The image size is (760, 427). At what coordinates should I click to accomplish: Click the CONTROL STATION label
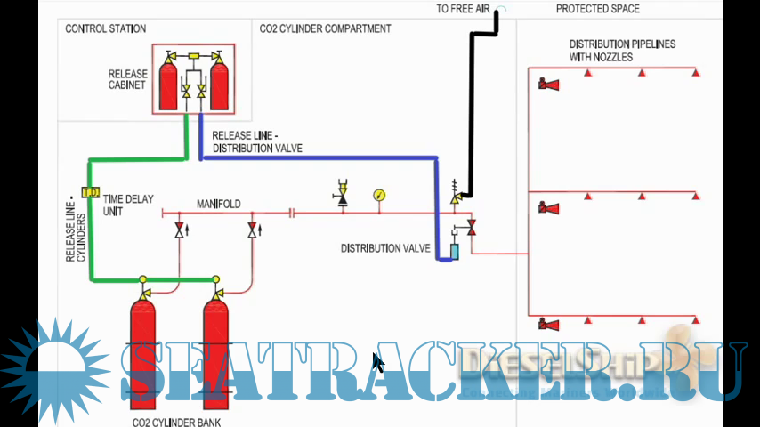[x=105, y=29]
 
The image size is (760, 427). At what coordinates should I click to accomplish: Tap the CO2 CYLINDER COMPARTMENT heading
[x=325, y=28]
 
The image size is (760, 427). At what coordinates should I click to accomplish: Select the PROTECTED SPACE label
[x=597, y=9]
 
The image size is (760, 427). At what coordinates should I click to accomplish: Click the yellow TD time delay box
[x=90, y=192]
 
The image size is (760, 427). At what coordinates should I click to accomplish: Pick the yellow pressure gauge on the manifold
[x=380, y=195]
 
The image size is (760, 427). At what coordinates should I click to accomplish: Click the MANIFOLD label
[x=219, y=205]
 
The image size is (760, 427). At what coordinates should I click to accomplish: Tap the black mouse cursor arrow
[x=377, y=363]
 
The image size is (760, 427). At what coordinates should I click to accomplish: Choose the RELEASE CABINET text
[x=127, y=80]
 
